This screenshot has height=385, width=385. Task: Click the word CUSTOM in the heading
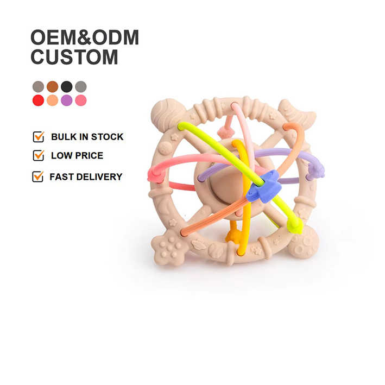point(74,56)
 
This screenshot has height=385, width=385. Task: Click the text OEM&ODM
point(85,37)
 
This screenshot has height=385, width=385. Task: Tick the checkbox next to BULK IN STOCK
point(38,137)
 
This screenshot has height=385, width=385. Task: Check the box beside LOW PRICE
point(38,156)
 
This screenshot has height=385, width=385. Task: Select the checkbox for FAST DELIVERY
point(37,176)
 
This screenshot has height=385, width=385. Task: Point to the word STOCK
point(107,137)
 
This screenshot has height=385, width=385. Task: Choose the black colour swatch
point(66,86)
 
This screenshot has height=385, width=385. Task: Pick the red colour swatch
point(38,100)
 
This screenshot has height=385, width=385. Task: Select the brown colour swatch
point(52,86)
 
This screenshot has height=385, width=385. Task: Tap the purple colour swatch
point(66,100)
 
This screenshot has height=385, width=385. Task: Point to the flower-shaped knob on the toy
point(169,244)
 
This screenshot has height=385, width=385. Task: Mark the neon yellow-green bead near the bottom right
point(294,225)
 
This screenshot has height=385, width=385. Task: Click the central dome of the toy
point(217,187)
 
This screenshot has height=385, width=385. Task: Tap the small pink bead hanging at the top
point(226,131)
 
